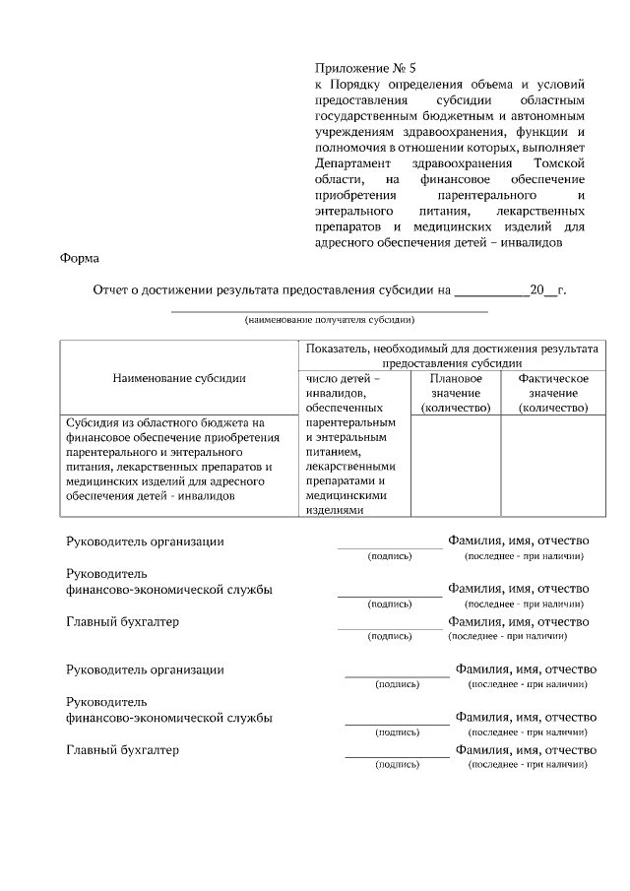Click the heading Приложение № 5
click(365, 68)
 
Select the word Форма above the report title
click(79, 259)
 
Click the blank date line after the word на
click(491, 292)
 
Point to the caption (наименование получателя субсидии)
click(330, 320)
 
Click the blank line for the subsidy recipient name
click(330, 309)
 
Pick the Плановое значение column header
click(456, 393)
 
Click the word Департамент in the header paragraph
click(352, 162)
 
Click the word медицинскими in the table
click(339, 496)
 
